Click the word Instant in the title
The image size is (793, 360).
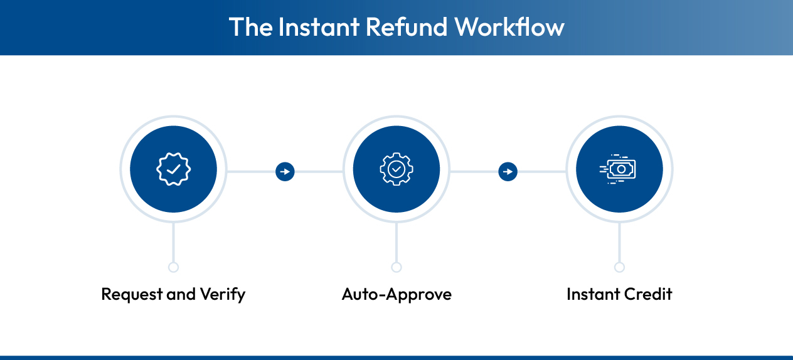[317, 28]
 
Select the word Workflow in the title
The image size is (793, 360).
[509, 28]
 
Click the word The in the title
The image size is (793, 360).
[250, 28]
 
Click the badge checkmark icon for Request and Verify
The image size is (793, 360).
[173, 169]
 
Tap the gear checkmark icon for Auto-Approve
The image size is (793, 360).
[396, 169]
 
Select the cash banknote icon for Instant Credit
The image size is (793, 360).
[619, 169]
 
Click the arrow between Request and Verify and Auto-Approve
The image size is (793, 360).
[285, 171]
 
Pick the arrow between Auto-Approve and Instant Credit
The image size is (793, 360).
[508, 171]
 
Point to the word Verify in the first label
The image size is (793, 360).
[222, 294]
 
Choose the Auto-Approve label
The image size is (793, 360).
[396, 294]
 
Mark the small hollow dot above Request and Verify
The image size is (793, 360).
[173, 267]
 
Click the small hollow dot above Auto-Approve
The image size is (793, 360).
[396, 267]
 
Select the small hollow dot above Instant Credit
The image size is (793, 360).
[619, 267]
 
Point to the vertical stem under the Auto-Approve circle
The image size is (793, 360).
[396, 242]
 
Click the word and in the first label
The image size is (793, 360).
[181, 294]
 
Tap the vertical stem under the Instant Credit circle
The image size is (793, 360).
[619, 242]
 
